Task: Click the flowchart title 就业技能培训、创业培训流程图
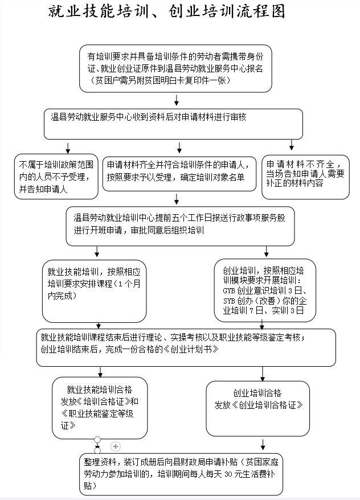166,12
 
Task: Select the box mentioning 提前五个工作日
180,223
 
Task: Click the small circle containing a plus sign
116,446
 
